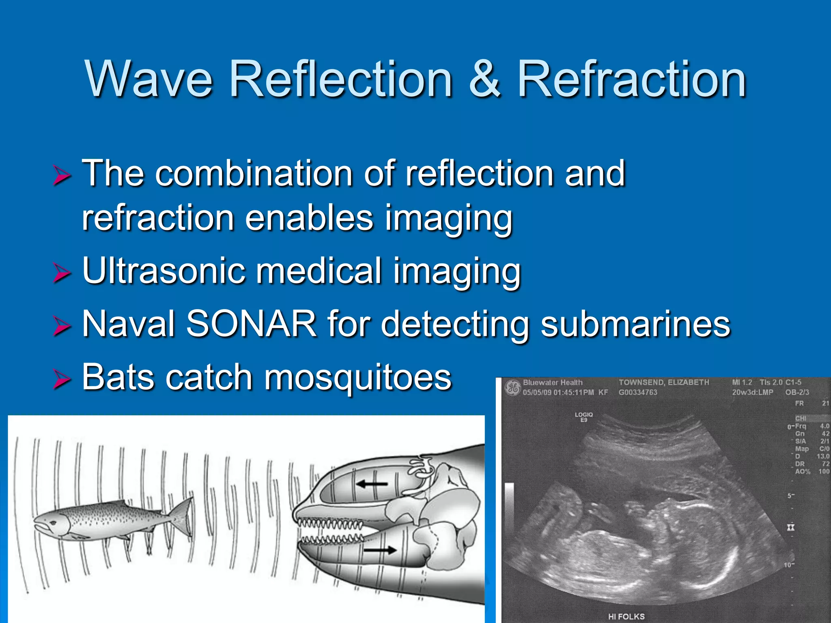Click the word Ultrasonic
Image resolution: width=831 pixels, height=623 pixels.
coord(164,271)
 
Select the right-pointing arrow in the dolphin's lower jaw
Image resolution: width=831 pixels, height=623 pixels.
coord(379,550)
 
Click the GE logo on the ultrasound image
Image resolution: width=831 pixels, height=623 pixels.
coord(512,387)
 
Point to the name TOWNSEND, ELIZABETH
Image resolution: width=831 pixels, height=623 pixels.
coord(664,382)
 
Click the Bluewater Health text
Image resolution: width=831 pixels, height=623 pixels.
coord(552,382)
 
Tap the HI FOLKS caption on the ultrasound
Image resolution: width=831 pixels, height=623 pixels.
coord(626,617)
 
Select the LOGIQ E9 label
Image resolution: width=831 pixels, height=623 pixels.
coord(583,417)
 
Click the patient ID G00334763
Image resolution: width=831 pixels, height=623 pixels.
coord(637,392)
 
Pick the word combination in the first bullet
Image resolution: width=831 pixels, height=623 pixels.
coord(254,174)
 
